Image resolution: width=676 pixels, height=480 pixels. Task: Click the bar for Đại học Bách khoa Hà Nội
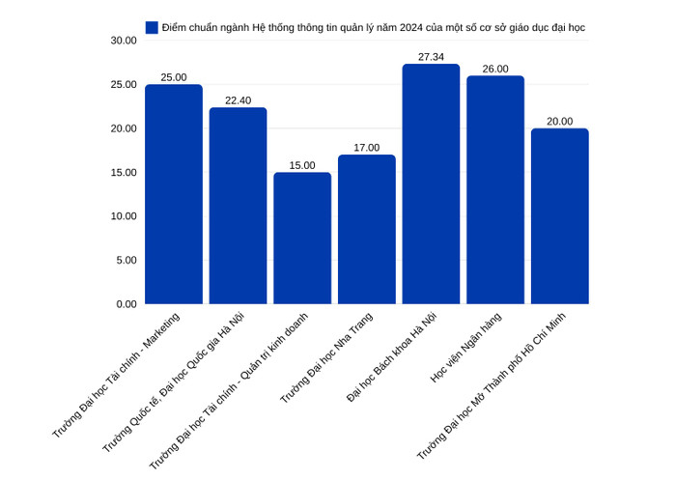[431, 184]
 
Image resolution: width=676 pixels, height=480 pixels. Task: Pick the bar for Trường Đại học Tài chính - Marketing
[174, 194]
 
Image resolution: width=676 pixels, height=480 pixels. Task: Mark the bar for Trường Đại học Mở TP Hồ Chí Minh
[560, 216]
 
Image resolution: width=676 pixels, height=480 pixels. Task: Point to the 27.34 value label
[431, 57]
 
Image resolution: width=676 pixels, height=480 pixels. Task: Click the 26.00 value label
[495, 69]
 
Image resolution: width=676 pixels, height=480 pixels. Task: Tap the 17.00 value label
[367, 148]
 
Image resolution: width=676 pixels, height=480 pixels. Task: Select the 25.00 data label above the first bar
[174, 77]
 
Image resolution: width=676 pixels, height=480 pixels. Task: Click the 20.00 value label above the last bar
[560, 122]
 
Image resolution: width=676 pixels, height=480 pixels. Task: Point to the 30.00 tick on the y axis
[124, 41]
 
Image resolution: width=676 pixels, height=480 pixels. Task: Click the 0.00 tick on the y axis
[127, 304]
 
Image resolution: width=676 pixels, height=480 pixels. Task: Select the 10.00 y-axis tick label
[124, 216]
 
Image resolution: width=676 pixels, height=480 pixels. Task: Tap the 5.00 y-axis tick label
[127, 260]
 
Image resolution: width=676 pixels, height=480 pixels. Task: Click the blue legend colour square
[152, 27]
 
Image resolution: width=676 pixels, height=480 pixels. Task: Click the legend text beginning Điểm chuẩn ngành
[373, 27]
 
